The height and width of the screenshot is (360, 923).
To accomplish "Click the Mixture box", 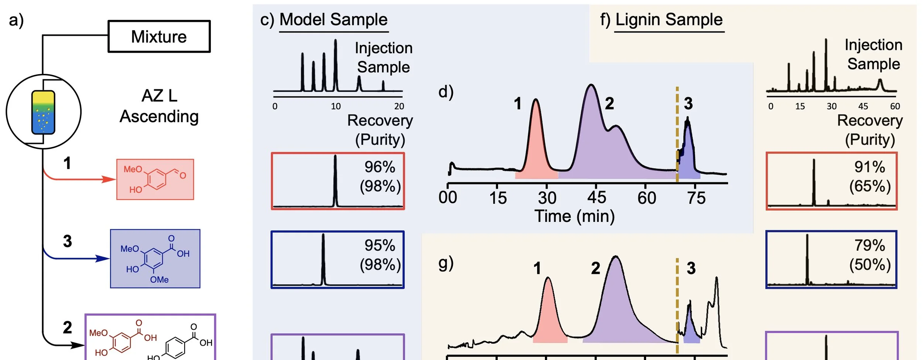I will (159, 37).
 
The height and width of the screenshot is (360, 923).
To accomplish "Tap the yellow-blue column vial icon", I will (44, 112).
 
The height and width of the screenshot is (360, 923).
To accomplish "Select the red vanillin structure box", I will (155, 179).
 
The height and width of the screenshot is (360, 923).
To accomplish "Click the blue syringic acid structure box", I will (155, 258).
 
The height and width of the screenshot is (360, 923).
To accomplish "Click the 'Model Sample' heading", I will (333, 20).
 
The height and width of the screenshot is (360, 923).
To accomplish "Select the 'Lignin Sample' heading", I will (669, 20).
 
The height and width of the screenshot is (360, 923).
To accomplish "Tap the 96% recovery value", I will (380, 167).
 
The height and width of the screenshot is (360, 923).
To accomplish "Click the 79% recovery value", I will (869, 246).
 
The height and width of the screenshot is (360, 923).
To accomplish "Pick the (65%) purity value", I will (870, 186).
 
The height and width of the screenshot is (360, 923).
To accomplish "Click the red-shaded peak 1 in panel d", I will (536, 148).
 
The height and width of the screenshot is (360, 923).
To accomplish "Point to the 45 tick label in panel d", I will (596, 198).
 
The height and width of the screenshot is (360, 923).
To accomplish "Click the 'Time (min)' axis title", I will (574, 216).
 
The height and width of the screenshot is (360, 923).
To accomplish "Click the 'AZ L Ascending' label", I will (159, 106).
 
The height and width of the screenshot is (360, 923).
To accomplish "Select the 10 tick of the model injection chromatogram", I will (336, 106).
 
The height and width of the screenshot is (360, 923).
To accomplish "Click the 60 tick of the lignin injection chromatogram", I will (895, 106).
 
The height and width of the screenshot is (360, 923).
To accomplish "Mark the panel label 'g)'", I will (446, 263).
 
